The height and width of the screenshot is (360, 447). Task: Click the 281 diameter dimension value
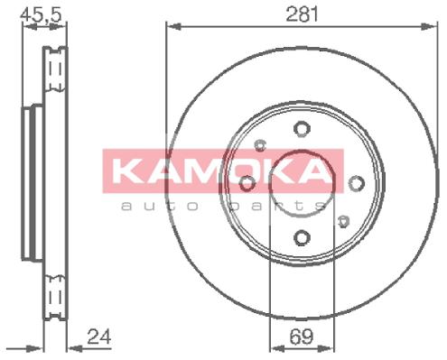pos(302,14)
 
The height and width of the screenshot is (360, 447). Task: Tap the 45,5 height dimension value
pos(41,14)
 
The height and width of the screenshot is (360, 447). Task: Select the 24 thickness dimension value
pos(99,337)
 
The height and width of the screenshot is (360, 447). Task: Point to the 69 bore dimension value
pos(302,337)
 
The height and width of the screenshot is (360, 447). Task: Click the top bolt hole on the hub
pos(302,129)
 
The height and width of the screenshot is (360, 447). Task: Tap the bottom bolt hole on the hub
pos(302,237)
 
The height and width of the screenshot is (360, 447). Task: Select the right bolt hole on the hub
pos(357,183)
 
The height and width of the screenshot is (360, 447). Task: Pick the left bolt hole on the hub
pos(247,183)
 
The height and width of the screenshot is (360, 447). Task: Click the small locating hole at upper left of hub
pos(260,145)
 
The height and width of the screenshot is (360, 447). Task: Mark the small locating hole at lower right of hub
pos(343,221)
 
